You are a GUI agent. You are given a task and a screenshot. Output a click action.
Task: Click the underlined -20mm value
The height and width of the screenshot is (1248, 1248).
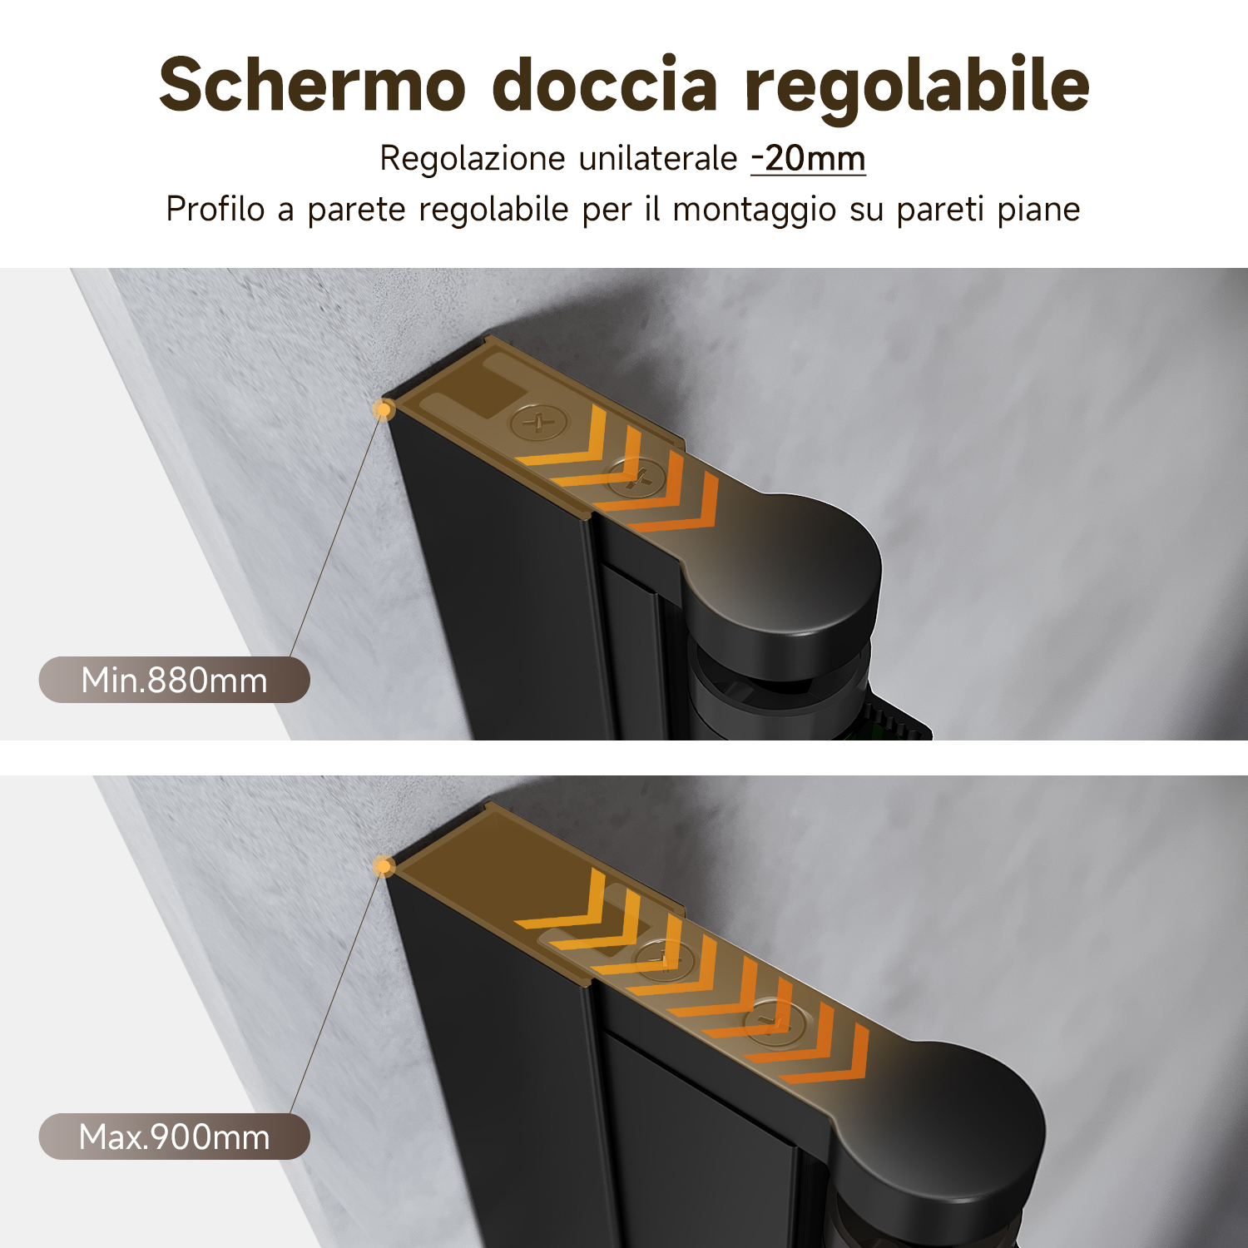click(x=808, y=158)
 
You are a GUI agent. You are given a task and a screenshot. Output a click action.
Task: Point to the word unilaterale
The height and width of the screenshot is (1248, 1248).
click(x=658, y=158)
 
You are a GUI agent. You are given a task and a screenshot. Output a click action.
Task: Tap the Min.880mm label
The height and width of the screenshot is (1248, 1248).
click(x=174, y=680)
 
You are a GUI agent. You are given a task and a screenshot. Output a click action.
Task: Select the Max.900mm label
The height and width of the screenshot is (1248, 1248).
click(x=174, y=1137)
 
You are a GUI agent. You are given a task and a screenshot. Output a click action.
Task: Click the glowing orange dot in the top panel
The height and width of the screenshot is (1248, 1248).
click(x=384, y=409)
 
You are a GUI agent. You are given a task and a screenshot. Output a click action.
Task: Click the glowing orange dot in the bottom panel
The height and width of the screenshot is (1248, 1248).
click(x=383, y=867)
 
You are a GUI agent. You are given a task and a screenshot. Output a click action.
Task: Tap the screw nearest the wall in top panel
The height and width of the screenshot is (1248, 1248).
click(x=540, y=423)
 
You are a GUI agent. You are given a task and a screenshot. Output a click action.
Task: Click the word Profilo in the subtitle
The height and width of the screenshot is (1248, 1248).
click(x=215, y=209)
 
